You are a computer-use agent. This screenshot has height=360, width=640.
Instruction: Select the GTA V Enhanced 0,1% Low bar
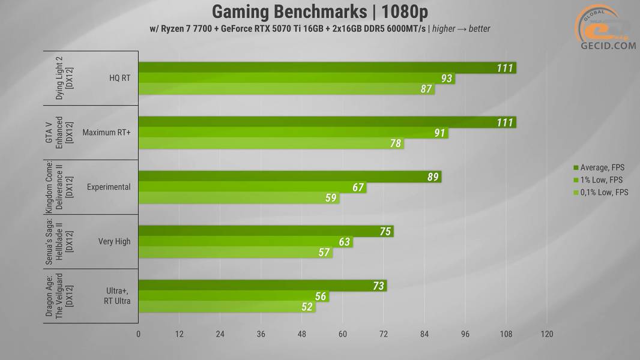(271, 144)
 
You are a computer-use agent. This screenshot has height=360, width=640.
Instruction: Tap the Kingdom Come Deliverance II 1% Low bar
(252, 187)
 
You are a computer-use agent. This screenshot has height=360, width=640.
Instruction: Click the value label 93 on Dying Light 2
(446, 79)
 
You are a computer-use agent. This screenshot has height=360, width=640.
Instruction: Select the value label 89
(433, 177)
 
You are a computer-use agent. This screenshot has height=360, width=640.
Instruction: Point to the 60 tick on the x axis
(343, 334)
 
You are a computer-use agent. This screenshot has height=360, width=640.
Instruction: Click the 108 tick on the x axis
(506, 334)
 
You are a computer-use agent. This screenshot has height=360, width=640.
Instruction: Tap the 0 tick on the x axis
(139, 334)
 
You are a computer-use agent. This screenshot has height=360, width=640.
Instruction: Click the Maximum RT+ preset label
(106, 133)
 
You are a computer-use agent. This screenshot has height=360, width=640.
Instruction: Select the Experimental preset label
(109, 187)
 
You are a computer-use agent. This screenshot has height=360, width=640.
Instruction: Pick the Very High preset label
(114, 242)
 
